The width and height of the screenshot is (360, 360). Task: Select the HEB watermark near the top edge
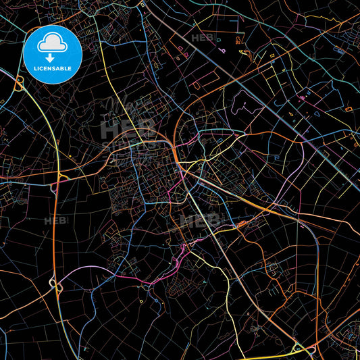(201, 38)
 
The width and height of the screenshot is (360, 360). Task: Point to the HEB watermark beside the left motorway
(53, 221)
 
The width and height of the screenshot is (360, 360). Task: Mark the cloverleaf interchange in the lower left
(56, 286)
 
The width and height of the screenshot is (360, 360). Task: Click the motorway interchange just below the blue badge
(19, 84)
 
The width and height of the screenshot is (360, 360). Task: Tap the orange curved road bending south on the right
(315, 257)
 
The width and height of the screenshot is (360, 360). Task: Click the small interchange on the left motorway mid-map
(61, 176)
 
